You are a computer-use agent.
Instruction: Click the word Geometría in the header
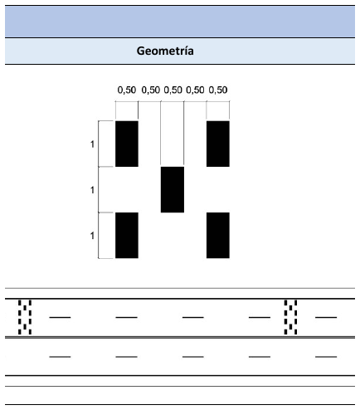[x=165, y=51]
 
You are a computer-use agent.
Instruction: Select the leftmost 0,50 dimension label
[x=127, y=90]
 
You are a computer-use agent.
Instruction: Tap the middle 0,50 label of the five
[x=173, y=90]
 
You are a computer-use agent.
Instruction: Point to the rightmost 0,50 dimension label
[x=218, y=90]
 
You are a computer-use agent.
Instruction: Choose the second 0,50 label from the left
[x=151, y=90]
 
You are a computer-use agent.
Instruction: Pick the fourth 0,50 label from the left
[x=195, y=90]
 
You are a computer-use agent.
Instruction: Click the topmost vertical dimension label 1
[x=92, y=144]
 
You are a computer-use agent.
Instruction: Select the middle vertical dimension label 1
[x=92, y=190]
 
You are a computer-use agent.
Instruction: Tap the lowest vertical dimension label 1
[x=92, y=236]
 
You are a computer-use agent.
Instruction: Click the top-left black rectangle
[x=127, y=144]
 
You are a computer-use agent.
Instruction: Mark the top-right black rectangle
[x=218, y=144]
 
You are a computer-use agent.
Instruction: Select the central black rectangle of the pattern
[x=173, y=189]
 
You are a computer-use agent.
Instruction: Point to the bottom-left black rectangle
[x=127, y=236]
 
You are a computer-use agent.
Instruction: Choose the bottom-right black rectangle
[x=218, y=236]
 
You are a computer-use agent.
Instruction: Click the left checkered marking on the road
[x=25, y=317]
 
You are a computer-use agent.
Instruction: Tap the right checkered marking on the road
[x=290, y=317]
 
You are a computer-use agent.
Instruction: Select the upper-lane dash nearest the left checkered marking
[x=60, y=317]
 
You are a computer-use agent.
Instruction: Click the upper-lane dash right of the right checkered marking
[x=326, y=317]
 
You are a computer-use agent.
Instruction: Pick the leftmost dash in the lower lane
[x=60, y=357]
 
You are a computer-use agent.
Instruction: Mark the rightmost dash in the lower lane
[x=326, y=357]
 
